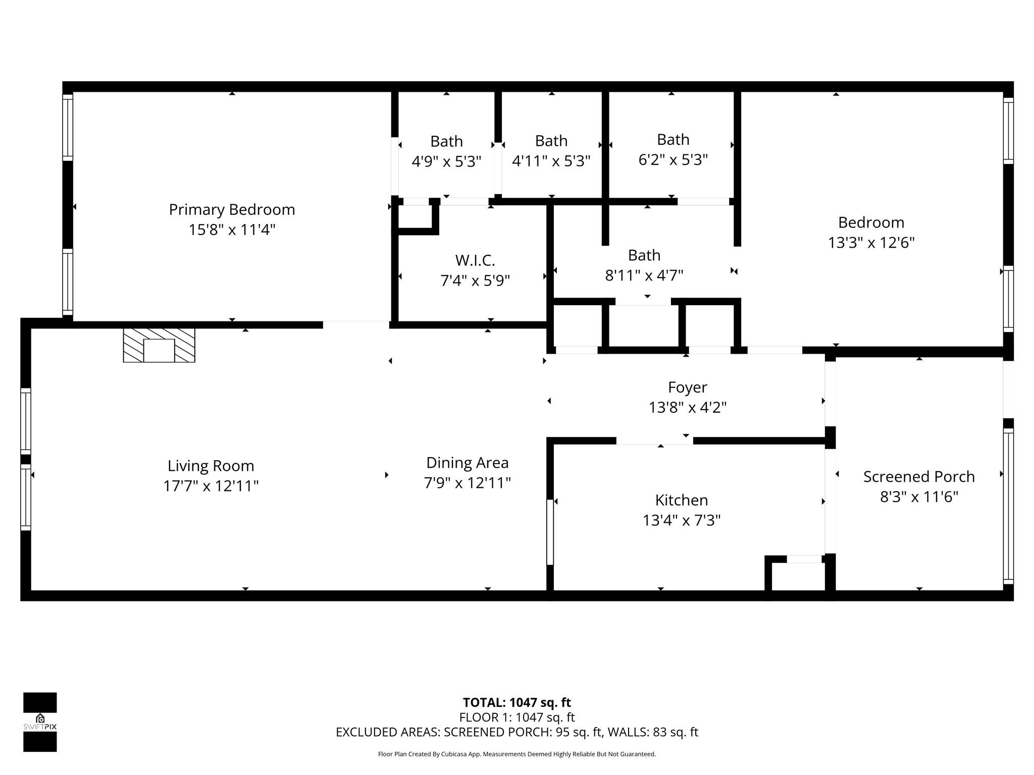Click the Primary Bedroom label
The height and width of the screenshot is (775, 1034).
point(232,209)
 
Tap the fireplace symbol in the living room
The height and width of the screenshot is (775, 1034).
point(159,345)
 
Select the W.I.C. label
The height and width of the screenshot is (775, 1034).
point(475,260)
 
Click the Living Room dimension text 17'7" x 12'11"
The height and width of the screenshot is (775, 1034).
point(211,486)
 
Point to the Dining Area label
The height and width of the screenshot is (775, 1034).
point(468,463)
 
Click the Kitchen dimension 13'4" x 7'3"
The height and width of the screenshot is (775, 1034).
point(682,520)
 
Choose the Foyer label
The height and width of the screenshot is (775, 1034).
point(688,387)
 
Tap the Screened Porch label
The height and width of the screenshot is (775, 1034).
point(919,477)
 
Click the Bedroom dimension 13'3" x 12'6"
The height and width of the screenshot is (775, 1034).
point(871,243)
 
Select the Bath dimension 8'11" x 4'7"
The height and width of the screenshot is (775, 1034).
point(644,275)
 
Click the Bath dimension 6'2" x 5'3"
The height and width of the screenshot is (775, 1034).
point(673,160)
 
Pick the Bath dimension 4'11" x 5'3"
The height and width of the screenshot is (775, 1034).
point(551,161)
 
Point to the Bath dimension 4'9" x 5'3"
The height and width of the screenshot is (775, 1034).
point(446,161)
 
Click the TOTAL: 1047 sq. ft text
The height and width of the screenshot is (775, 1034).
point(517,702)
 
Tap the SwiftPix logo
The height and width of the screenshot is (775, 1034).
point(40,722)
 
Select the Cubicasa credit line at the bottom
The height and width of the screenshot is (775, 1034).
point(517,754)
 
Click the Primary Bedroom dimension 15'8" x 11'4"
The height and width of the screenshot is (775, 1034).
point(232,230)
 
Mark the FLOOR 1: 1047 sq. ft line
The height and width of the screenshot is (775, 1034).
point(517,717)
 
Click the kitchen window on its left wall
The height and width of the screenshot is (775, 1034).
point(550,532)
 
